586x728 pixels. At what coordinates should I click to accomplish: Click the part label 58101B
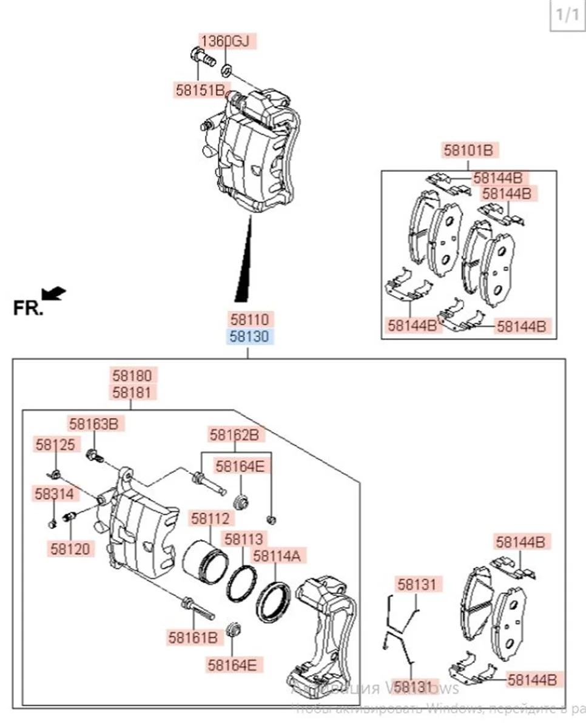[468, 150]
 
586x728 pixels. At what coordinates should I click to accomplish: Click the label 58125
[55, 445]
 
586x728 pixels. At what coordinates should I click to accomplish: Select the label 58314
[53, 494]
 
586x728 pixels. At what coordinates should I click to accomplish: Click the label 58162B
[234, 434]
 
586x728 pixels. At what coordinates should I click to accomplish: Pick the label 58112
[210, 519]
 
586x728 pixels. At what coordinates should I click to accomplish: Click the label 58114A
[280, 555]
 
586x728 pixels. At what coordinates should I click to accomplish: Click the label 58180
[131, 375]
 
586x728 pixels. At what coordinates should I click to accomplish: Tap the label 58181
[131, 393]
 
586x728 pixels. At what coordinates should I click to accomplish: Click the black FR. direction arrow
[56, 294]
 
